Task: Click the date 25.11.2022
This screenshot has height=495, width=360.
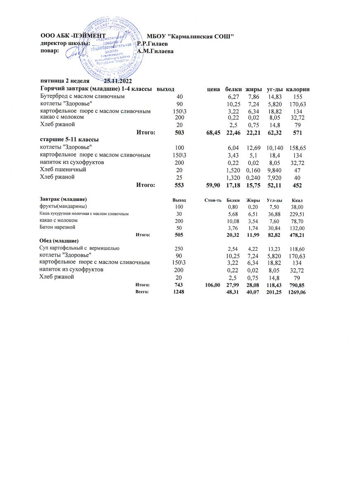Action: tap(118, 81)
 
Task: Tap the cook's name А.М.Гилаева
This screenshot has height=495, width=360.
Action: tap(156, 51)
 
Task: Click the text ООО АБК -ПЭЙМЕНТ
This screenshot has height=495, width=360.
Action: tap(73, 36)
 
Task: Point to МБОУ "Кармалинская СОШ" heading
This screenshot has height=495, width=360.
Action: tap(191, 36)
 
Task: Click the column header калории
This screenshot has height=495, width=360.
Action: tap(298, 89)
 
